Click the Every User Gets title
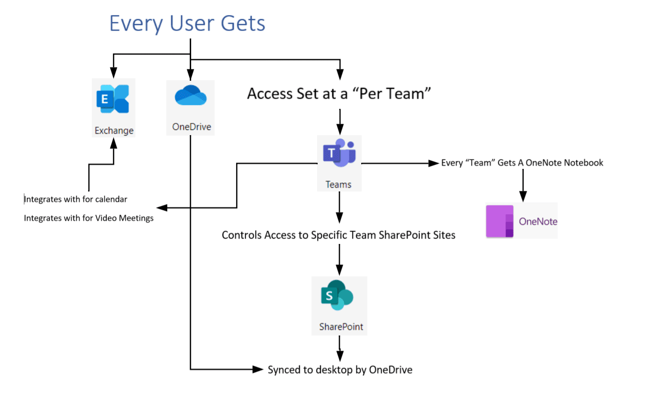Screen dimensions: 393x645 point(187,23)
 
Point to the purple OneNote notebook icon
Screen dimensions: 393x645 point(500,221)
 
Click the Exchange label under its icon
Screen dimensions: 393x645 point(114,130)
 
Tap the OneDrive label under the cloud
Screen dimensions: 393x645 point(191,127)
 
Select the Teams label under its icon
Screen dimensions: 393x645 point(338,184)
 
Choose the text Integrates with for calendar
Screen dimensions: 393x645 point(75,199)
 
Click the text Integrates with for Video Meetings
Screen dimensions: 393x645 point(89,218)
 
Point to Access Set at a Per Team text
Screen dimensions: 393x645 point(339,94)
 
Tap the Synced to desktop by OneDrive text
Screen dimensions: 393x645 point(340,370)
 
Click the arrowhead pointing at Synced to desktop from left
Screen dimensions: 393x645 point(258,369)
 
